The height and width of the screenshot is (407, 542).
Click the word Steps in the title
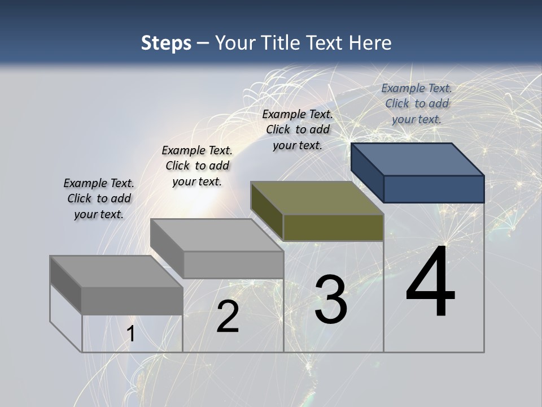[x=166, y=43]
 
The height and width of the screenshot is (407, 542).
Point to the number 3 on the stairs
[x=330, y=299]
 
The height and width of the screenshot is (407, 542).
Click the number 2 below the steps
[x=228, y=317]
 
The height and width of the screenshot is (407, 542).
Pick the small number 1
[x=130, y=334]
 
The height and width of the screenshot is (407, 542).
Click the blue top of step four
[x=418, y=159]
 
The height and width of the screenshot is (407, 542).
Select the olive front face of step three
[x=333, y=228]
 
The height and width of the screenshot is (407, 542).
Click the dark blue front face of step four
[x=434, y=189]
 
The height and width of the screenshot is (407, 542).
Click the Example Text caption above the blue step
[x=417, y=103]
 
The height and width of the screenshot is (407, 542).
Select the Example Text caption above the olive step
[x=298, y=129]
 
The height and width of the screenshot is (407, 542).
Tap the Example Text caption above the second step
[x=197, y=166]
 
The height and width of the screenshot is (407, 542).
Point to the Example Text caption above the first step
[x=99, y=198]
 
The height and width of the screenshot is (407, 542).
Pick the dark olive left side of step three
[x=266, y=207]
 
